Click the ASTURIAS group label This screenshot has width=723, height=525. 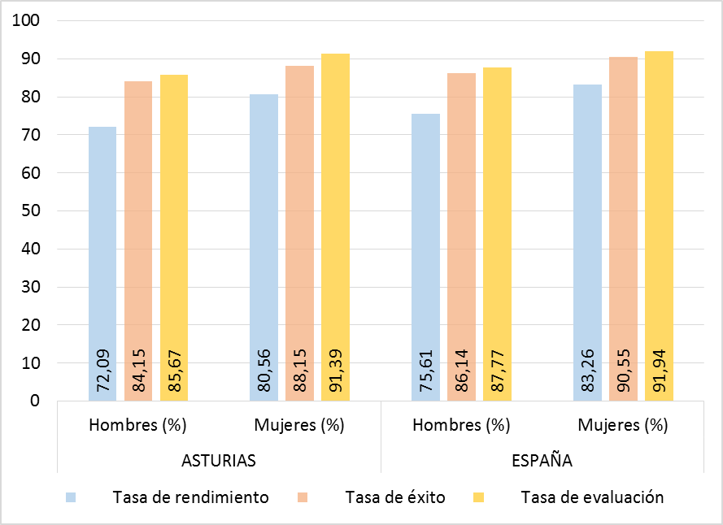218,461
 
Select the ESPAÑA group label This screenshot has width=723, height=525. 542,461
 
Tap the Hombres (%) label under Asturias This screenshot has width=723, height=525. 137,425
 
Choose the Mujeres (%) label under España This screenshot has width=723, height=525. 622,425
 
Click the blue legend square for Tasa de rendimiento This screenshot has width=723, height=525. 72,497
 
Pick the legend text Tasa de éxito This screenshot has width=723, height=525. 394,497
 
